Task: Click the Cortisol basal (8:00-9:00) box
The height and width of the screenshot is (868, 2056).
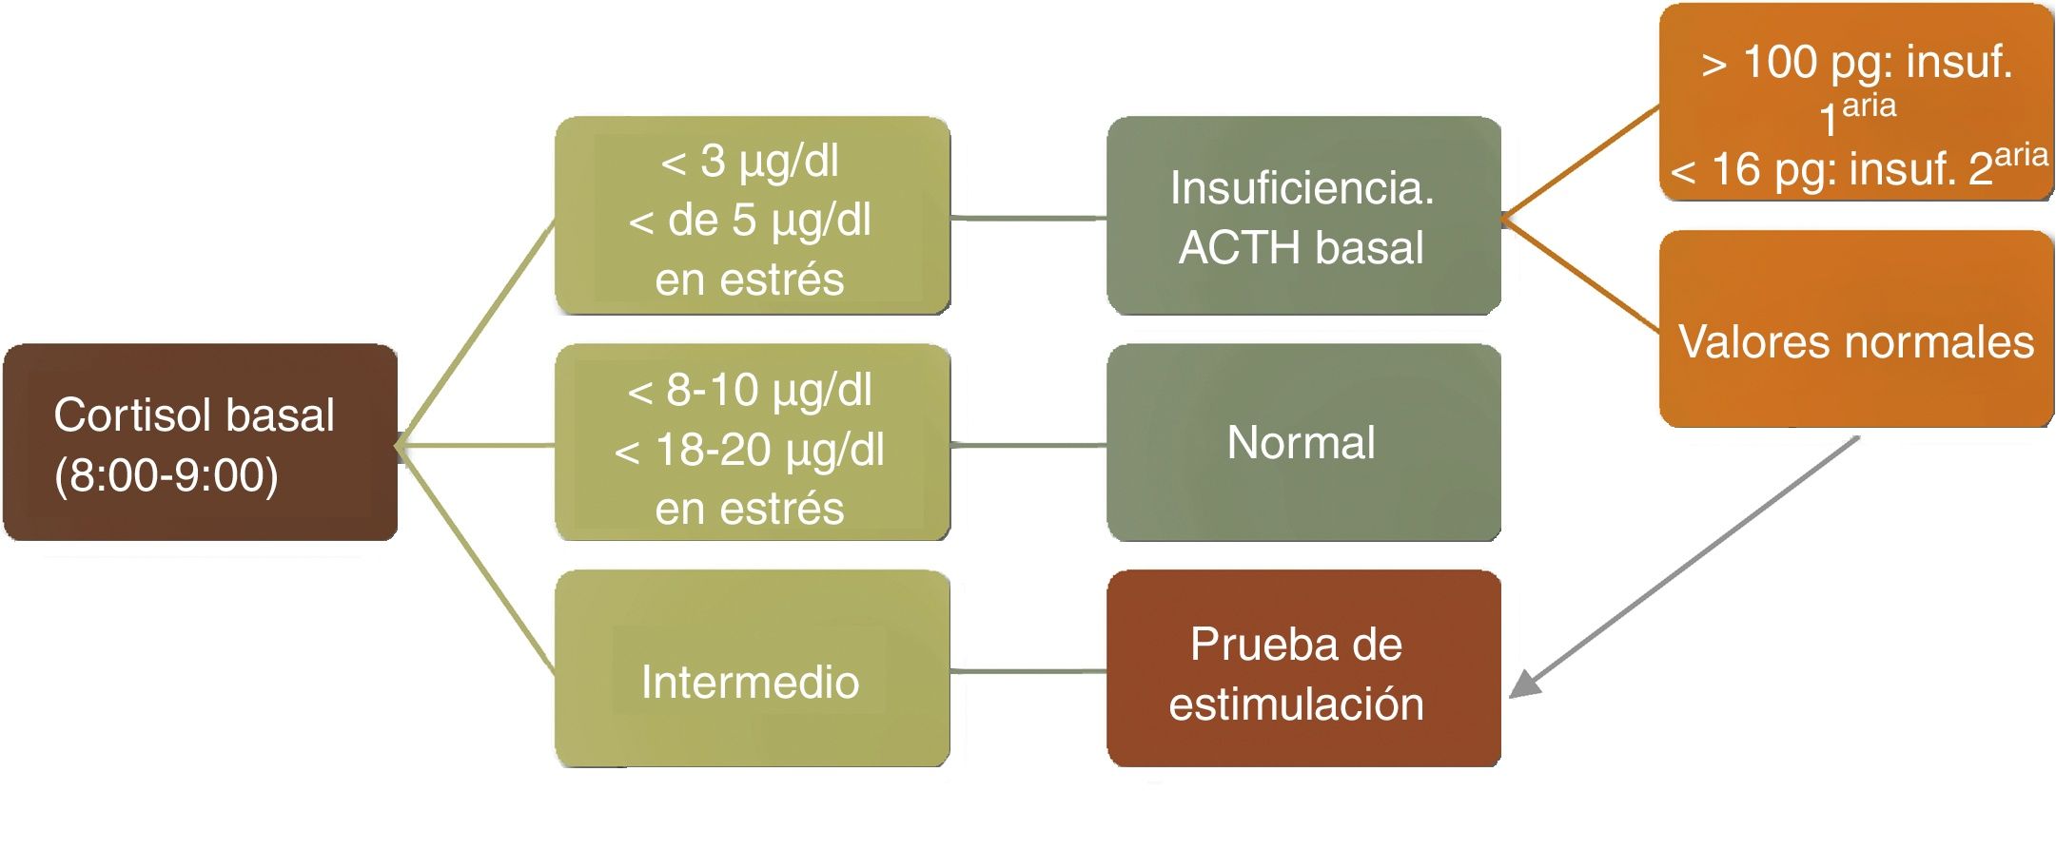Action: click(200, 443)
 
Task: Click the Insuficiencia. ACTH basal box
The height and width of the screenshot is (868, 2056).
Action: click(1303, 216)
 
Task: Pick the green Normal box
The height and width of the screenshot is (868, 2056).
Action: click(1303, 443)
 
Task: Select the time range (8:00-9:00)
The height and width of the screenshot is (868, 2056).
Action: click(166, 475)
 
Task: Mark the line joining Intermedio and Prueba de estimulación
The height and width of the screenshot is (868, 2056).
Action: click(1028, 671)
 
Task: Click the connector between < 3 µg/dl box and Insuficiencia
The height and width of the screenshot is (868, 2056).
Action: click(1028, 218)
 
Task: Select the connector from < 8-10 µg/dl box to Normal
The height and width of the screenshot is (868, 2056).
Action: click(1028, 444)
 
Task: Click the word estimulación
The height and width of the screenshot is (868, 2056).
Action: click(1296, 705)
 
